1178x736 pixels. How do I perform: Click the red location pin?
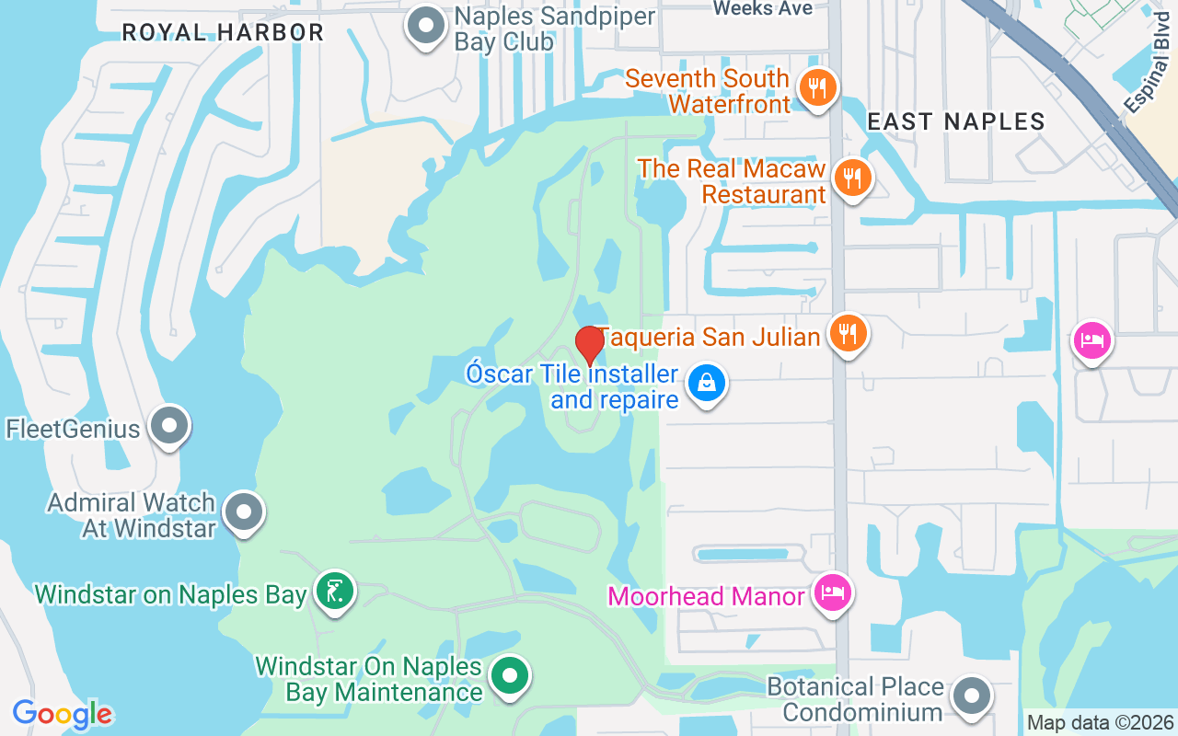tap(589, 345)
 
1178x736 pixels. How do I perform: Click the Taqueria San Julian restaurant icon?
tap(846, 333)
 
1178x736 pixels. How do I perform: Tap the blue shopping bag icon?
tap(707, 384)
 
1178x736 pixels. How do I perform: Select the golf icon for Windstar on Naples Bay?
tap(334, 592)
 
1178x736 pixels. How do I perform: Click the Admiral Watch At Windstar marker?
tap(244, 513)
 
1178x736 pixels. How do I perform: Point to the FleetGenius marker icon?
tap(168, 427)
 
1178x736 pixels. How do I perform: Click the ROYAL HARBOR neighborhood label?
tap(223, 33)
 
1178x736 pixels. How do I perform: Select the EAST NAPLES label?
tap(956, 121)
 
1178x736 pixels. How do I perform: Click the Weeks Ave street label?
tap(763, 8)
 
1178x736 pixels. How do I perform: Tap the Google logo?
tap(63, 714)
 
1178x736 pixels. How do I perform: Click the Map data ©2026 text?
tap(1099, 723)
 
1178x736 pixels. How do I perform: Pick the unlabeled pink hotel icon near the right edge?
tap(1091, 341)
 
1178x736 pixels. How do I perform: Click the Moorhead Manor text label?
tap(707, 596)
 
